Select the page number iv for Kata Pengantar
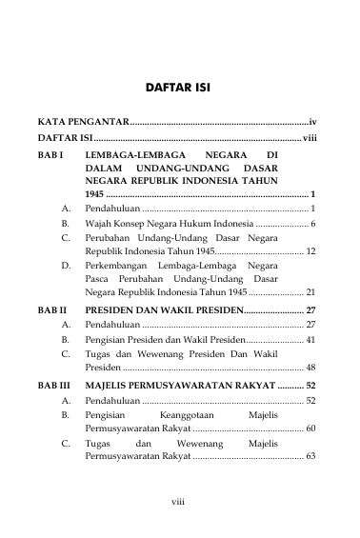(x=312, y=124)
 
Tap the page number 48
(x=310, y=366)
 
